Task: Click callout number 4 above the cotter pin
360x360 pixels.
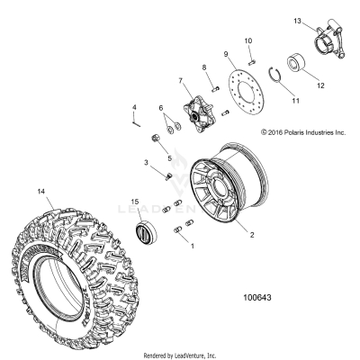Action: (x=134, y=108)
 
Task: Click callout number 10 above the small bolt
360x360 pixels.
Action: (x=249, y=40)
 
